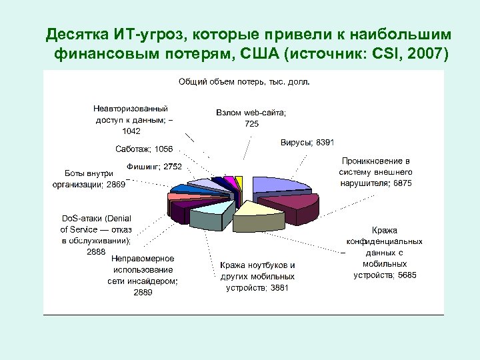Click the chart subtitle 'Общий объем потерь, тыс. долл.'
(243, 82)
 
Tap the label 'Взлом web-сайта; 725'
(251, 119)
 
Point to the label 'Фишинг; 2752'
(154, 165)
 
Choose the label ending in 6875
(375, 172)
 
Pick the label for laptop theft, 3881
(257, 276)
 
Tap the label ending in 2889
(143, 275)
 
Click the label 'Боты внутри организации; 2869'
(89, 179)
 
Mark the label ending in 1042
(131, 119)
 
